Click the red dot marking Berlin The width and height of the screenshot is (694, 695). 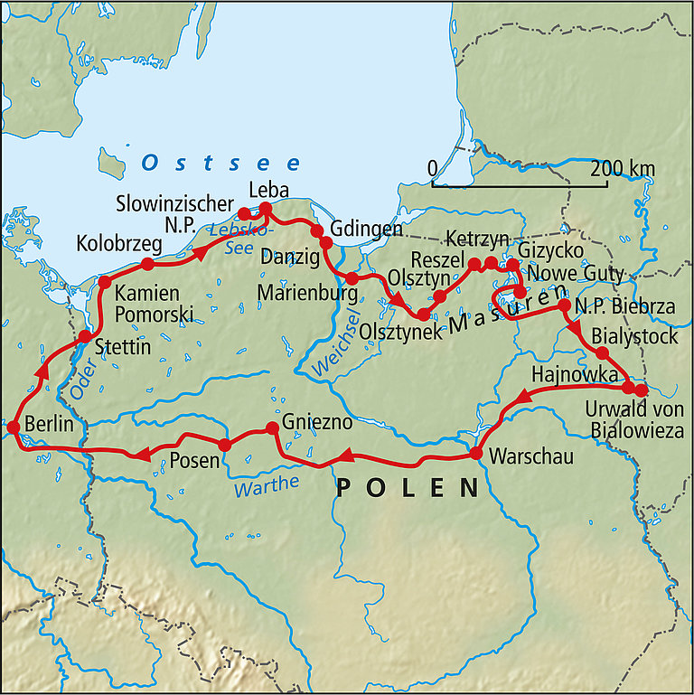point(14,427)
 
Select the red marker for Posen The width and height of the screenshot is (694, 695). point(225,444)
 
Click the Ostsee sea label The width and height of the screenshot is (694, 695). point(221,164)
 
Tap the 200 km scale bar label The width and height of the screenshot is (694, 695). point(623,169)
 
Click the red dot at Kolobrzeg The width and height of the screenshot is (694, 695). point(147,264)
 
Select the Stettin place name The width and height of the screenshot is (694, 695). point(121,344)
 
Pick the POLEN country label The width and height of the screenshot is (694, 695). point(408,489)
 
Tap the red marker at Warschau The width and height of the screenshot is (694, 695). point(475,453)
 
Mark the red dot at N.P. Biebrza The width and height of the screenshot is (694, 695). point(565,305)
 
